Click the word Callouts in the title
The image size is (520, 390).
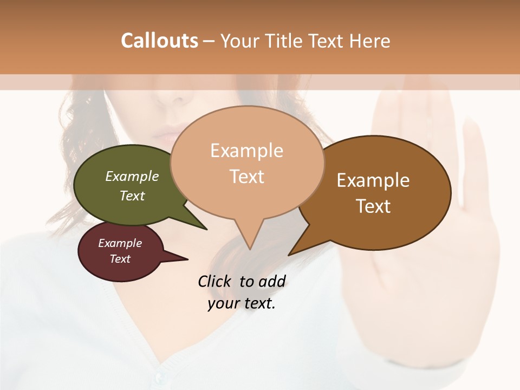(159, 41)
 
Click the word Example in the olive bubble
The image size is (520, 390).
(132, 176)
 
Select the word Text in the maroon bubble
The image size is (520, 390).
(120, 259)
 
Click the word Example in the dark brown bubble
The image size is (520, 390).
(373, 180)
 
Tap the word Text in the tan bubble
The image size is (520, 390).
(247, 177)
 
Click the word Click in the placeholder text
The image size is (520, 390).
(215, 281)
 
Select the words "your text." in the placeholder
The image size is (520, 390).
(242, 304)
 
